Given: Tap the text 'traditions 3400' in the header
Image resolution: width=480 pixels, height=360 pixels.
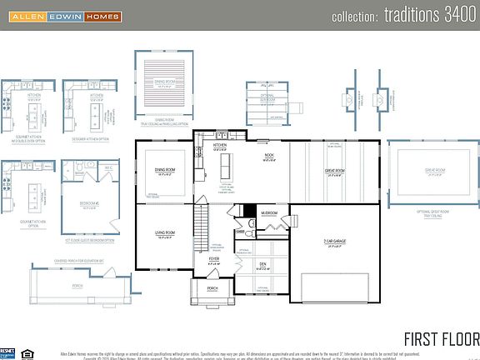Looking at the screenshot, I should coord(403,16).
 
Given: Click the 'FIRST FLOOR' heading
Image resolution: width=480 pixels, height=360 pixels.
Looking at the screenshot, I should coord(441,338).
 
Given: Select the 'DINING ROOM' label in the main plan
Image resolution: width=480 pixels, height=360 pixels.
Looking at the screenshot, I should coord(165,170).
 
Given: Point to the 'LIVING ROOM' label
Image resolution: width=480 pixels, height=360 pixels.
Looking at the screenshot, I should coord(165,233).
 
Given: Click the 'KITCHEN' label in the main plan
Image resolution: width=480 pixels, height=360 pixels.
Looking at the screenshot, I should coord(219,145).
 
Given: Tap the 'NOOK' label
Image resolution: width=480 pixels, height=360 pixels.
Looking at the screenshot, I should coord(268,157).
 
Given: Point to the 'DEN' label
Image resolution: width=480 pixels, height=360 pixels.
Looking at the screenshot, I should coord(262,264).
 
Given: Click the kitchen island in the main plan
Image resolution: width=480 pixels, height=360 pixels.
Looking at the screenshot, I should coord(223,169).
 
